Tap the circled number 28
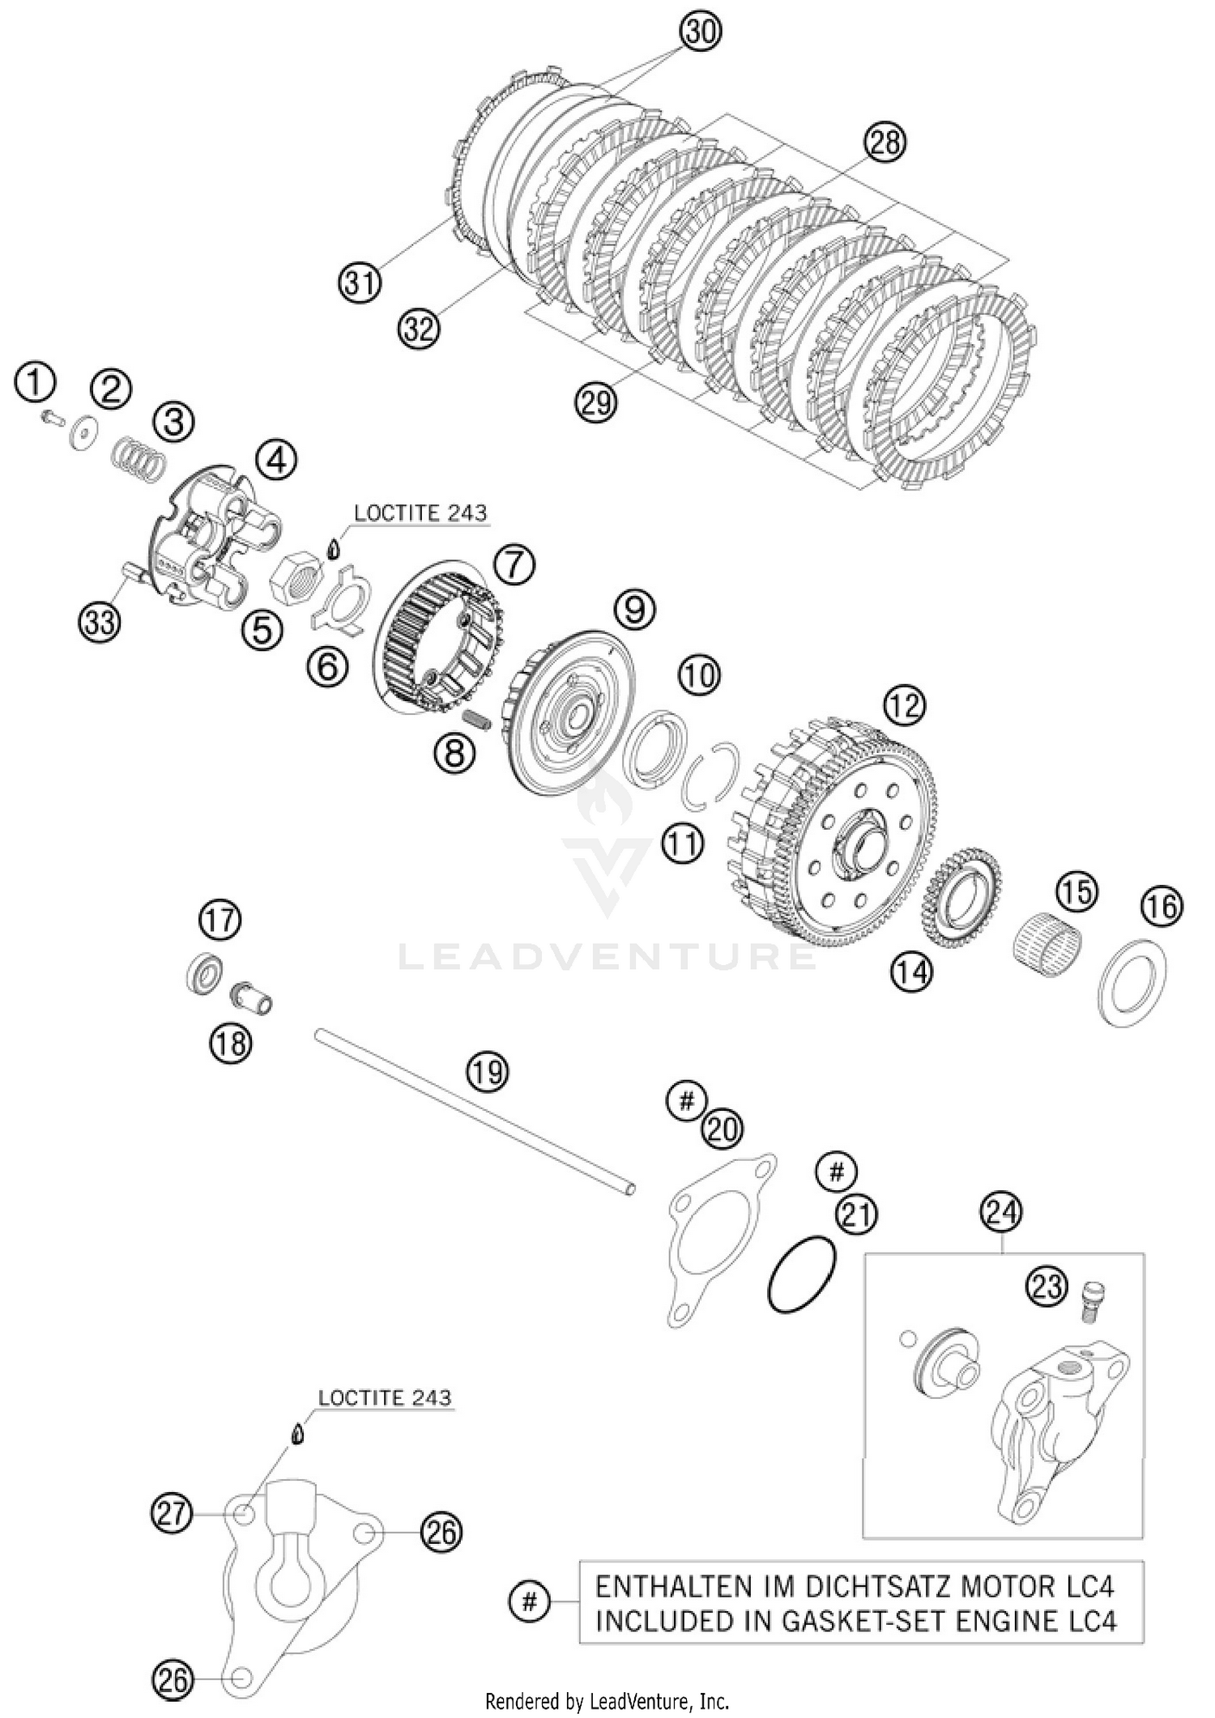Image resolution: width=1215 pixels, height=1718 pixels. click(x=884, y=142)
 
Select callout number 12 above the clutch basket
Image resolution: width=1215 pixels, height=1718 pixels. click(x=905, y=705)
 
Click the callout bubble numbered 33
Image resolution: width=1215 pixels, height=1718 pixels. click(x=99, y=623)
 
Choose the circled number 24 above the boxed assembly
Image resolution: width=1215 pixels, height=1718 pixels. click(x=1001, y=1212)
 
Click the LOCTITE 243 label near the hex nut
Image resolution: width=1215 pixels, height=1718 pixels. click(x=420, y=512)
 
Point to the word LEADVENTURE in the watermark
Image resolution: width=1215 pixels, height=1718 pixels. click(x=607, y=956)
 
